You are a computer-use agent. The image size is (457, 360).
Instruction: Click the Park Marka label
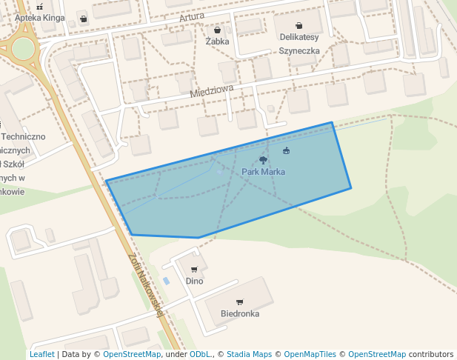[263, 172]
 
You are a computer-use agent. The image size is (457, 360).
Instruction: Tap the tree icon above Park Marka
[263, 160]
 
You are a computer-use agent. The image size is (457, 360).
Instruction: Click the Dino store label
[194, 281]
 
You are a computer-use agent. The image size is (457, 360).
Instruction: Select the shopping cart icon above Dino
[194, 270]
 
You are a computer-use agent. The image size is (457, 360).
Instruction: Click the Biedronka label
[240, 314]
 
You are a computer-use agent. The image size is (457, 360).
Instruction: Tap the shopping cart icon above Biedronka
[239, 302]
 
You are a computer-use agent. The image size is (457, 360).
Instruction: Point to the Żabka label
[217, 41]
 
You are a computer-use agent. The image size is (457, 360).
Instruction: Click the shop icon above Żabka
[218, 30]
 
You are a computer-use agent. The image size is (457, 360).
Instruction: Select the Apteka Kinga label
[39, 18]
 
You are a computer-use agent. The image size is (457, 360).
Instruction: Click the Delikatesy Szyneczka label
[299, 44]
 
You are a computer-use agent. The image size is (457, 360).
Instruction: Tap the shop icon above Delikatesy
[298, 25]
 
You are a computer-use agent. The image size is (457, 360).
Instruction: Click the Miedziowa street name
[211, 92]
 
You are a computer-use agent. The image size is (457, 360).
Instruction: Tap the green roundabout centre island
[23, 49]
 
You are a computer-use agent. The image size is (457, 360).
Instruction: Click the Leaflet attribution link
[41, 355]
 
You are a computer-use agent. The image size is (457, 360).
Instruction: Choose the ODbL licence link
[199, 355]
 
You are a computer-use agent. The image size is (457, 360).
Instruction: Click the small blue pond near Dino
[166, 281]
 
